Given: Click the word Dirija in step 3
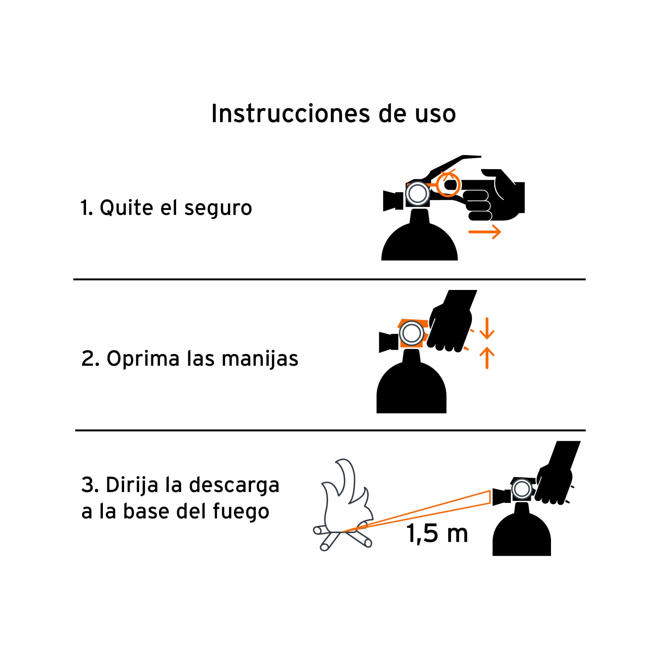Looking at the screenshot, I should click(132, 485).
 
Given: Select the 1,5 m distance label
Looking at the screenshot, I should click(437, 533).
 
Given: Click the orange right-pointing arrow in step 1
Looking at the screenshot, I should click(485, 232).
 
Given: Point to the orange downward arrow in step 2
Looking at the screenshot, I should click(487, 328).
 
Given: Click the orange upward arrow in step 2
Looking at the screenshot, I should click(487, 358).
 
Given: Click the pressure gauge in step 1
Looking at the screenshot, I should click(418, 194).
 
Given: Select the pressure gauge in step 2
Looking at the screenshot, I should click(412, 334).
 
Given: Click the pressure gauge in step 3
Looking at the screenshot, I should click(522, 489).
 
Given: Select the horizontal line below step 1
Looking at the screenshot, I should click(329, 279).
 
